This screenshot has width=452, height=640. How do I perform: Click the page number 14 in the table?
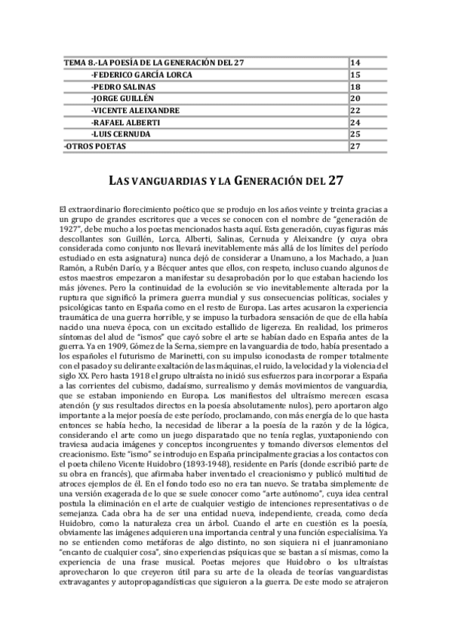point(357,62)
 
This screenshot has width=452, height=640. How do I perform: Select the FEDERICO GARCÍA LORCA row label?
point(141,75)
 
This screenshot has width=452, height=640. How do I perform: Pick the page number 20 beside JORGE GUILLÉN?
point(357,98)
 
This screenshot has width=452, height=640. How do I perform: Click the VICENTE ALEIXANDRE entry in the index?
point(134,110)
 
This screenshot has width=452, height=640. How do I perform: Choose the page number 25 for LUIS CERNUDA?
point(357,134)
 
